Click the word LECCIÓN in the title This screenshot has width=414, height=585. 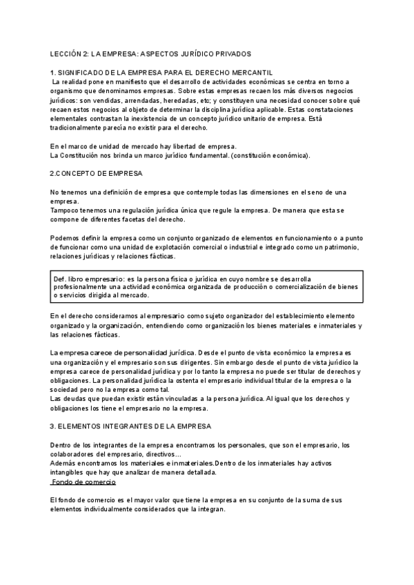[x=66, y=53]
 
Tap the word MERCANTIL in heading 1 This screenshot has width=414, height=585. [x=252, y=72]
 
